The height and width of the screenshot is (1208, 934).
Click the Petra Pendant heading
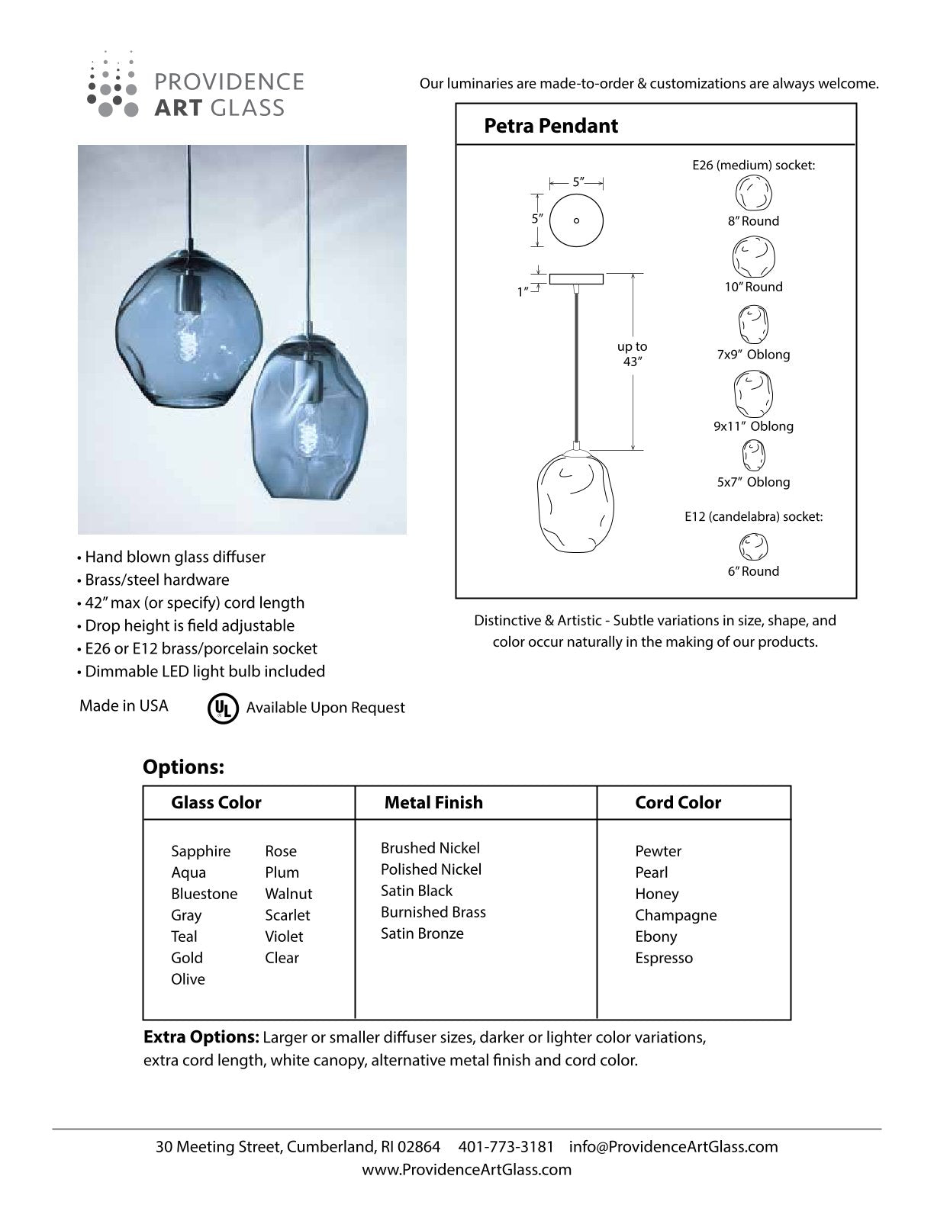[x=550, y=126]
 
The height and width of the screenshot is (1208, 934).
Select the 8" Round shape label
[x=752, y=221]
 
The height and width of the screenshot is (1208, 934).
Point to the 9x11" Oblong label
[x=753, y=426]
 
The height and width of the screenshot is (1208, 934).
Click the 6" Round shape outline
[x=753, y=547]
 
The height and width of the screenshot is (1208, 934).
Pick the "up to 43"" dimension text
[x=632, y=354]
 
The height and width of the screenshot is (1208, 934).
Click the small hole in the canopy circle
[x=576, y=221]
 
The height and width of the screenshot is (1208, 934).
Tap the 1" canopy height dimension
[x=523, y=291]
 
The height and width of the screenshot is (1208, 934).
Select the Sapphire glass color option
[x=201, y=851]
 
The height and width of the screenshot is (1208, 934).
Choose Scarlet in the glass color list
[x=288, y=915]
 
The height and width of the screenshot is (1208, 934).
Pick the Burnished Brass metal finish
[x=433, y=912]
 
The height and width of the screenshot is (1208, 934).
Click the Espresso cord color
[x=664, y=958]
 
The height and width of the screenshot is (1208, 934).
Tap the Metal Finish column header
[x=433, y=802]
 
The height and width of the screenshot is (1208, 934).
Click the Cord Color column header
[x=678, y=802]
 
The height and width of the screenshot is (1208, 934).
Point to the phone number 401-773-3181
[x=506, y=1147]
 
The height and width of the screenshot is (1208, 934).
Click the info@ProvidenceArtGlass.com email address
[x=673, y=1147]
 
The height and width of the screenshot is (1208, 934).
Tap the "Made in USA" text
[x=124, y=706]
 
